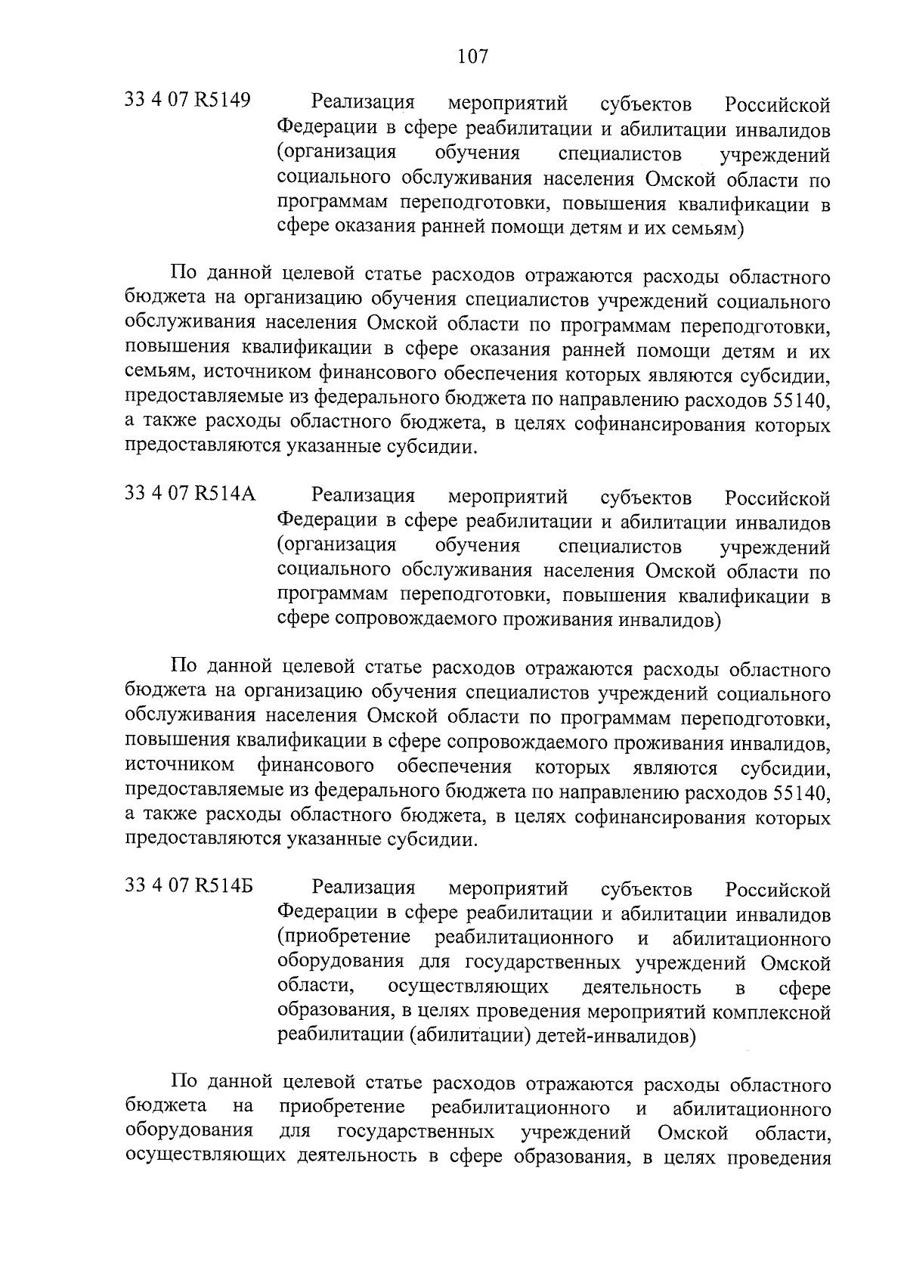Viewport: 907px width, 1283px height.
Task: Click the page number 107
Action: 472,56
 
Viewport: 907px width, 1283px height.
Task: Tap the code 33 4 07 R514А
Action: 190,495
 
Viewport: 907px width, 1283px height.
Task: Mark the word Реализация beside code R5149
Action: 364,102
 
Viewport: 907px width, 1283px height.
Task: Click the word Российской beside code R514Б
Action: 778,889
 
